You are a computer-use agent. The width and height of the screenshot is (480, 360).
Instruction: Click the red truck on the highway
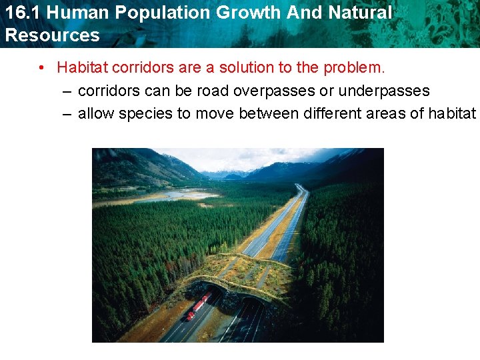tap(199, 305)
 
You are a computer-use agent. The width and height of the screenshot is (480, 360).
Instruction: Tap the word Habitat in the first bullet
tap(81, 67)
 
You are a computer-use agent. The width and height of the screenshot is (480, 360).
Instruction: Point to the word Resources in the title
tap(51, 35)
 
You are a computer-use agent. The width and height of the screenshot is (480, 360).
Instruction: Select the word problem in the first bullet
tap(355, 67)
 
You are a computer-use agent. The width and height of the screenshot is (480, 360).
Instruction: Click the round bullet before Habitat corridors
tap(41, 67)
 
